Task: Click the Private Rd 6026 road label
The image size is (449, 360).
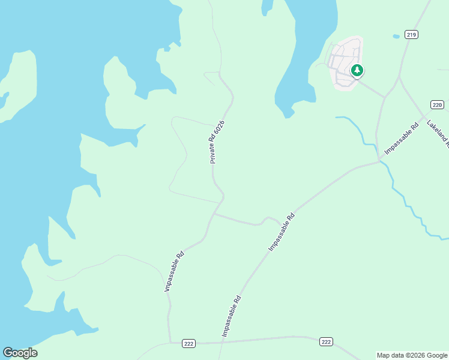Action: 217,142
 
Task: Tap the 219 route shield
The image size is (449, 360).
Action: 411,35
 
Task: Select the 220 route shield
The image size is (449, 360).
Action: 437,105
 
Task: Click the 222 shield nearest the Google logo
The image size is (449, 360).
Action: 188,343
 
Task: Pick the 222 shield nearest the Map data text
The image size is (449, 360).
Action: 325,341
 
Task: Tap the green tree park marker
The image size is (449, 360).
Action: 357,71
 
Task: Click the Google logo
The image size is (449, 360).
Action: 20,353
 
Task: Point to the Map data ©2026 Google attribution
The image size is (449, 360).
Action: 412,355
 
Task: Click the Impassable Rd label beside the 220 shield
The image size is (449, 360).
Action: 401,140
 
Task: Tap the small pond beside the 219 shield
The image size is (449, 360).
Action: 396,37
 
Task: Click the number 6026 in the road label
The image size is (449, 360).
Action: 220,130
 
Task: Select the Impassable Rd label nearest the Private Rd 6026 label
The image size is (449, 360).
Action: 174,271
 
